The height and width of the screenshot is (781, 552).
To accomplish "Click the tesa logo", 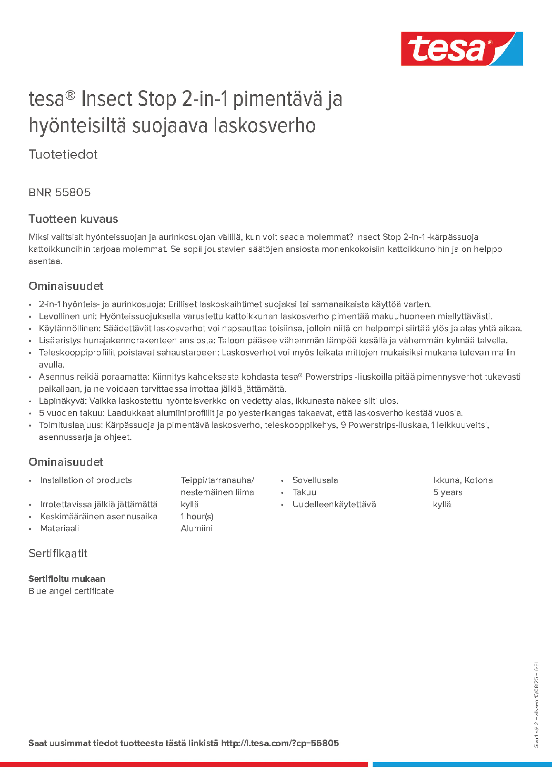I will tap(462, 49).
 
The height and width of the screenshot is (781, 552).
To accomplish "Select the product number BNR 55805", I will tap(60, 192).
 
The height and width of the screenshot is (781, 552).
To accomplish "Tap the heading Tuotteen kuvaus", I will tap(73, 219).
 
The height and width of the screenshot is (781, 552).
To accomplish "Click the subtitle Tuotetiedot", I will tap(63, 154).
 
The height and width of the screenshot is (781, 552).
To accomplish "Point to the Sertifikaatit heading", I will tap(58, 554).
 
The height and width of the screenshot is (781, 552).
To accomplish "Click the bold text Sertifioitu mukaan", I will tap(67, 579).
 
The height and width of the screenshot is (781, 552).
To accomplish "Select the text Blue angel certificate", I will tap(71, 591).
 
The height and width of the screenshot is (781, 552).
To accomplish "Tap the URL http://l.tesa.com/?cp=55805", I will tap(280, 743).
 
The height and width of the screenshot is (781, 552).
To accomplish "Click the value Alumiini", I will tap(196, 528).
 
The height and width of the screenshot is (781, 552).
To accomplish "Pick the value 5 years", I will tap(448, 492).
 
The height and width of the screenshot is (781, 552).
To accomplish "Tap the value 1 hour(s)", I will tap(197, 516).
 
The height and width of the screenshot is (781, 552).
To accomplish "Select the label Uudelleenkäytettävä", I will tap(334, 504).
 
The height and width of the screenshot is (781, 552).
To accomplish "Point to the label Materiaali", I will tap(60, 528).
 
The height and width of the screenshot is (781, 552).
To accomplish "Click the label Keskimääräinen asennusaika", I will tap(99, 516).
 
